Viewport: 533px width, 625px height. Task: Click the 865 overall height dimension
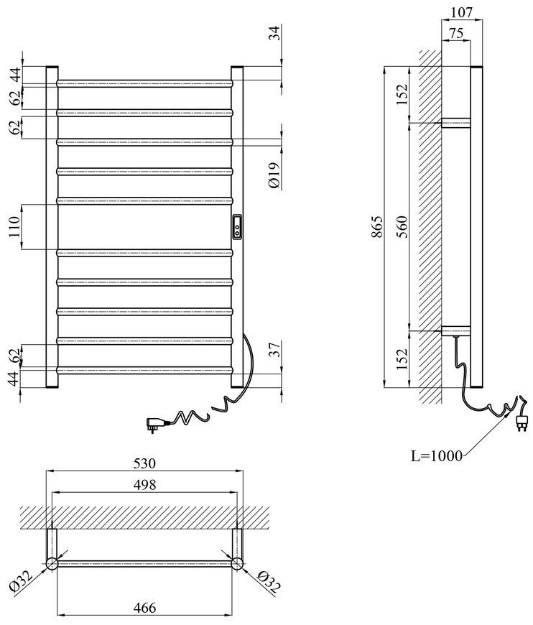378,226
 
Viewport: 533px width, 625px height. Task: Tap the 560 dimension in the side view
403,226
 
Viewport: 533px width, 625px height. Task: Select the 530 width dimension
144,463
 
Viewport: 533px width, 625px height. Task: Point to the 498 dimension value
144,485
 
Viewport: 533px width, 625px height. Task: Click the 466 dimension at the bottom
144,608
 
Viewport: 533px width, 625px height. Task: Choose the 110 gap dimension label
14,226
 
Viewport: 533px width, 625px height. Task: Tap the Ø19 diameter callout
275,175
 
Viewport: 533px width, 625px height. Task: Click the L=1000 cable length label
437,455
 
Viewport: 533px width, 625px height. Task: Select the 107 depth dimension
461,12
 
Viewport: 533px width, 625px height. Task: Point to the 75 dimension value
456,33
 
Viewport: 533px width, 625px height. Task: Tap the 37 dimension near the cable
275,350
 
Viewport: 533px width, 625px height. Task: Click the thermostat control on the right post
237,226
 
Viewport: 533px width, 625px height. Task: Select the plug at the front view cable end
154,423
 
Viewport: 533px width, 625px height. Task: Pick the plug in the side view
521,422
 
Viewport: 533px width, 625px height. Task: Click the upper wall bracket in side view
455,123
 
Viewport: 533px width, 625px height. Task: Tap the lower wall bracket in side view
455,331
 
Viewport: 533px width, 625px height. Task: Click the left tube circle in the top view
52,564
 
